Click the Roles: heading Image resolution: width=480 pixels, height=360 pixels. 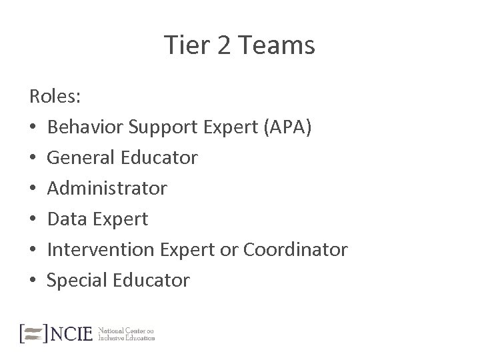click(55, 97)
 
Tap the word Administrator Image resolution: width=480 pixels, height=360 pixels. click(107, 189)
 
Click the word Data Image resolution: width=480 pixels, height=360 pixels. click(67, 219)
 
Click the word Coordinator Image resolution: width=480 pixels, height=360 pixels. click(295, 250)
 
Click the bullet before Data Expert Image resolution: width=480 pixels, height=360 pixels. click(33, 219)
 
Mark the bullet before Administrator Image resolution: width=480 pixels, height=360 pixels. click(33, 189)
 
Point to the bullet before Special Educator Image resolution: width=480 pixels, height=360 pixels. click(33, 281)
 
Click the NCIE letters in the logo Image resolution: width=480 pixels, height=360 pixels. click(72, 333)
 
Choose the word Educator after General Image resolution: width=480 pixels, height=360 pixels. click(161, 158)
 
